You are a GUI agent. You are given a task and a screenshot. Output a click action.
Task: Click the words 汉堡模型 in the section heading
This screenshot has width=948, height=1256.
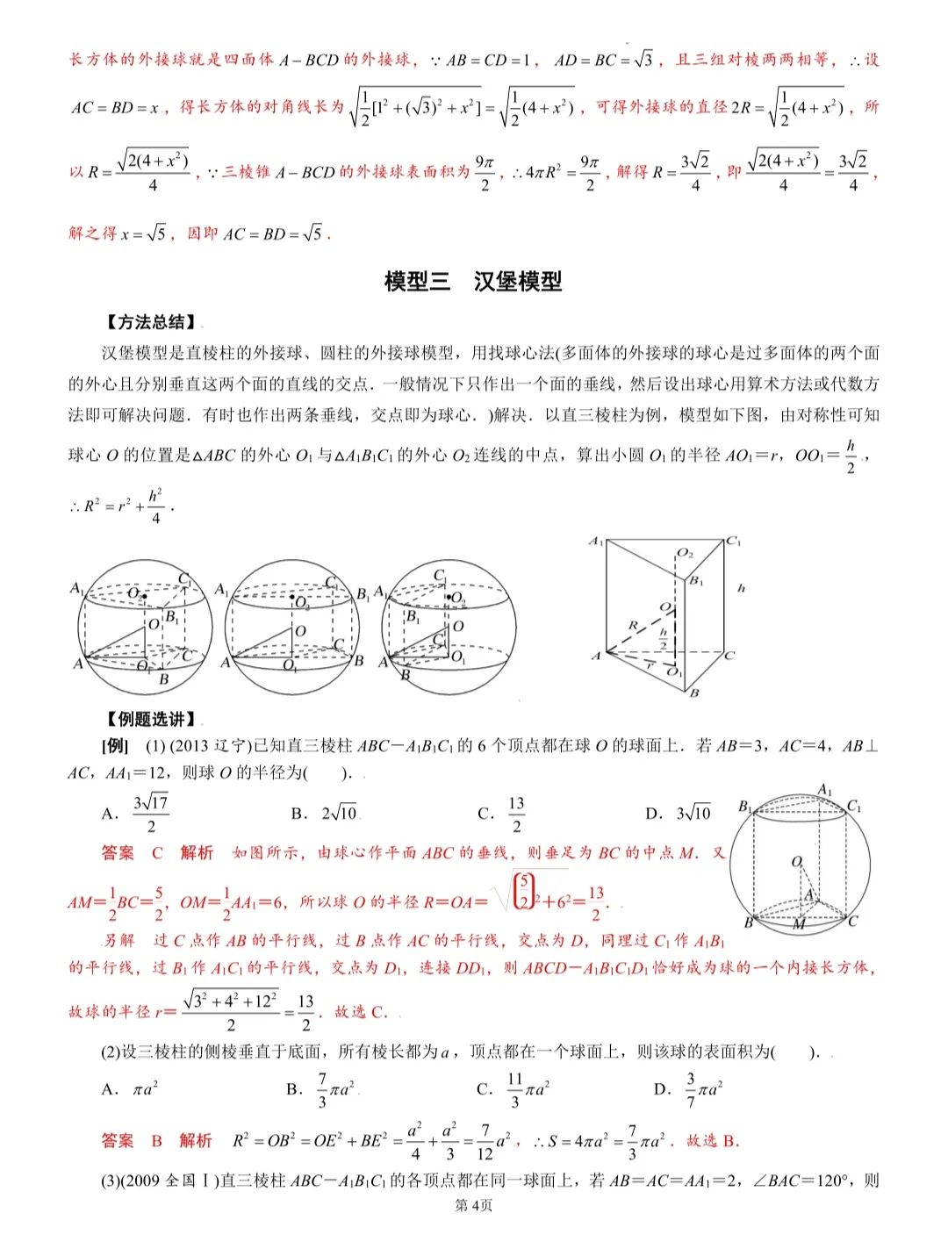click(x=517, y=282)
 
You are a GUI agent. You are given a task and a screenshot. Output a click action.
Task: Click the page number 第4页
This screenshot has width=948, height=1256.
click(x=474, y=1205)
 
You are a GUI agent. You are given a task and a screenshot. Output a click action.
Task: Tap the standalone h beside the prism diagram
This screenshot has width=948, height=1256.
click(x=742, y=588)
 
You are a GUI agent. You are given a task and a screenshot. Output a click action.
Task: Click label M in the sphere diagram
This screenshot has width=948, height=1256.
click(x=800, y=924)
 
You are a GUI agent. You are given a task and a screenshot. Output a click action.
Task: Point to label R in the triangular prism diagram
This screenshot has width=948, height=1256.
click(x=633, y=625)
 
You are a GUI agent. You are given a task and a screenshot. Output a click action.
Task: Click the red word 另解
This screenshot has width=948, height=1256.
click(x=118, y=940)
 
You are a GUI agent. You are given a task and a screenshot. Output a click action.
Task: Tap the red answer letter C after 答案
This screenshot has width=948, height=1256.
click(x=158, y=852)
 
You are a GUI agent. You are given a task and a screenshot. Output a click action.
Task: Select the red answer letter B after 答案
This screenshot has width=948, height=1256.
click(x=157, y=1141)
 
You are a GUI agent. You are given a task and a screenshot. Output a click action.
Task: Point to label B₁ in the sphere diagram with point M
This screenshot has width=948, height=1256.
click(x=745, y=806)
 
